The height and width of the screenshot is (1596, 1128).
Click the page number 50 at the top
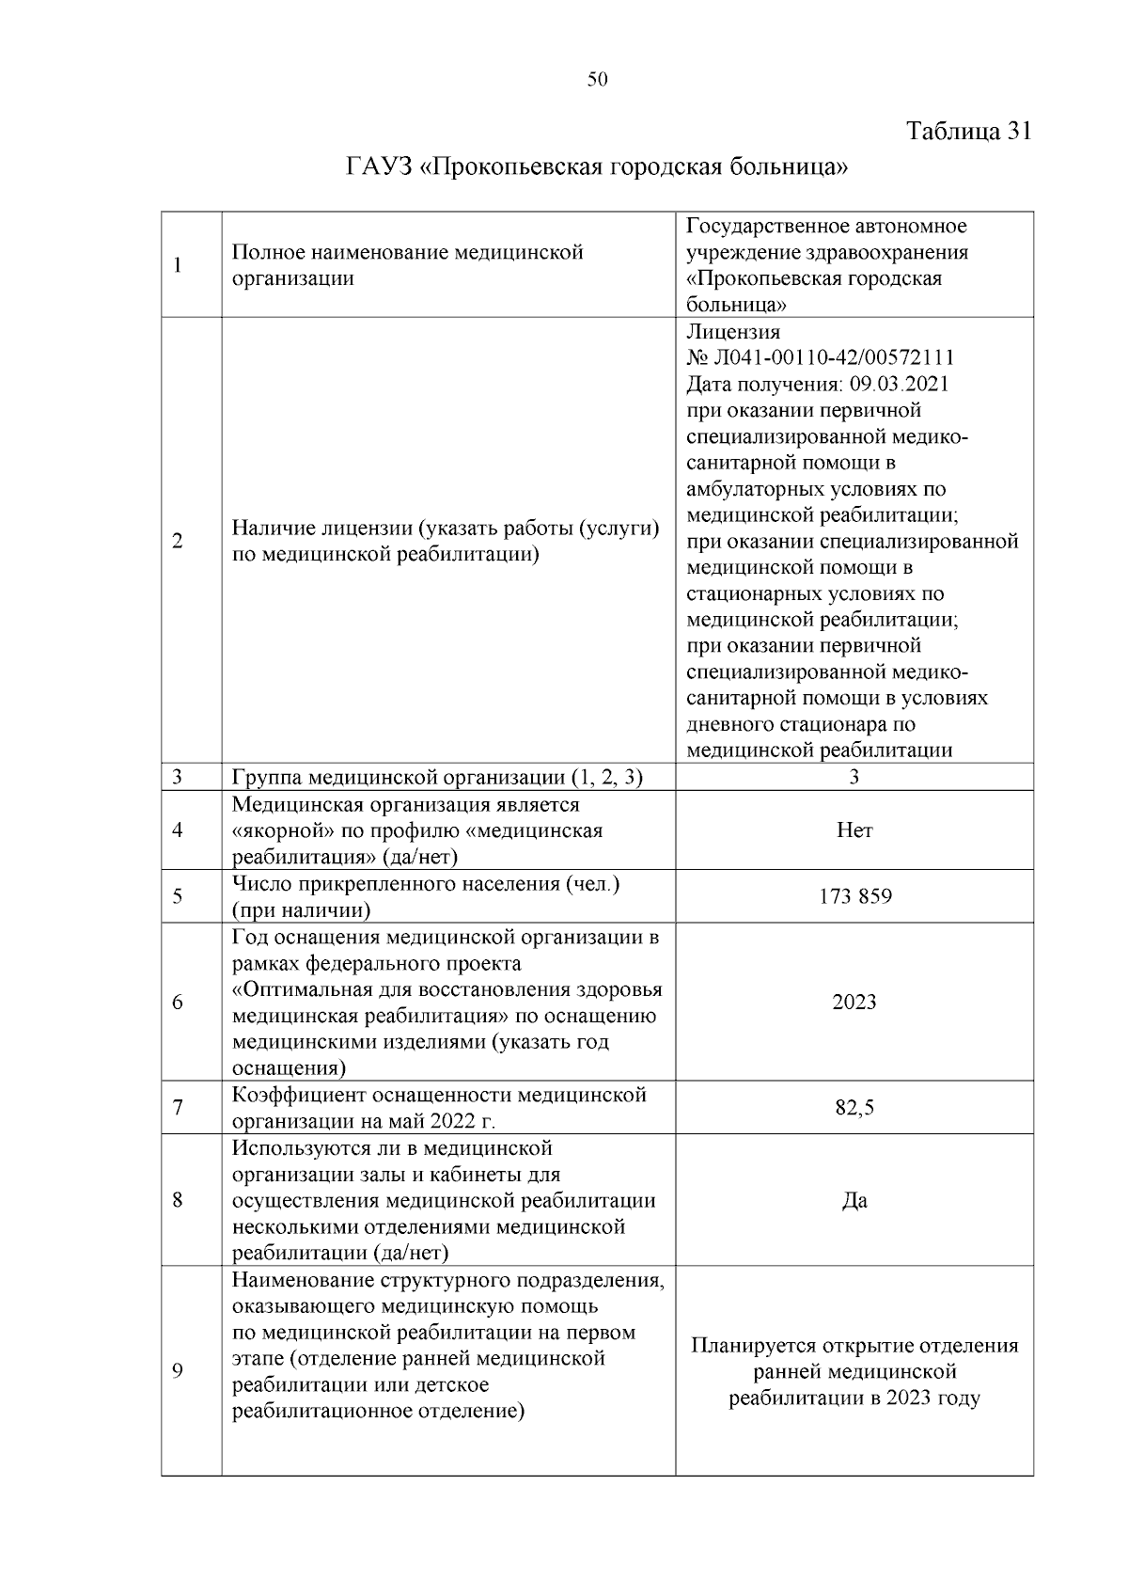[597, 80]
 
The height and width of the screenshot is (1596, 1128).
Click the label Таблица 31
[969, 131]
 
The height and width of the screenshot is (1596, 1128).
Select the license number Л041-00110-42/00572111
[833, 358]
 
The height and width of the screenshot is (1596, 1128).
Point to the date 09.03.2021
[899, 385]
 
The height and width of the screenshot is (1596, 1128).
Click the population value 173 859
[854, 896]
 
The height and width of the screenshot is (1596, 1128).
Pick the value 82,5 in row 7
[854, 1108]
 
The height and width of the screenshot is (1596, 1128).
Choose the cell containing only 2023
[854, 1003]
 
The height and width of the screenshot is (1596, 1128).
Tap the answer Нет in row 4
[854, 830]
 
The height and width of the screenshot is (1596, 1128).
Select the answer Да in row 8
[854, 1201]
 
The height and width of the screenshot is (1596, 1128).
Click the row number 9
[177, 1371]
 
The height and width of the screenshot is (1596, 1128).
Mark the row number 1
[177, 265]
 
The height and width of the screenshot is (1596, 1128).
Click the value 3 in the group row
[854, 777]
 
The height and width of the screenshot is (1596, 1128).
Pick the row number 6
[177, 1003]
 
